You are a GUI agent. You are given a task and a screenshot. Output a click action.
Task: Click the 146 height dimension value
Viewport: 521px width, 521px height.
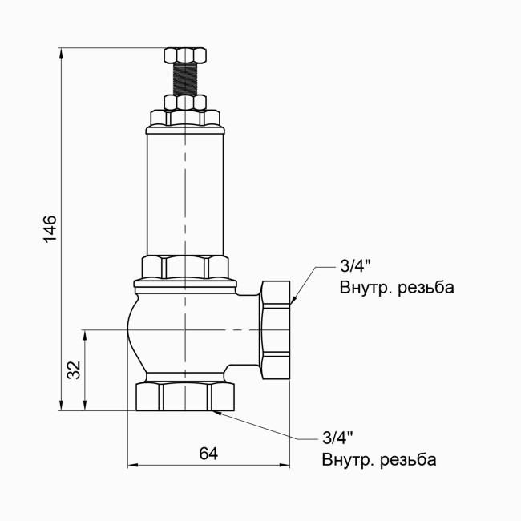tap(50, 229)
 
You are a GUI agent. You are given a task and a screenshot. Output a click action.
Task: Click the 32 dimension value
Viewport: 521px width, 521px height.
tap(73, 370)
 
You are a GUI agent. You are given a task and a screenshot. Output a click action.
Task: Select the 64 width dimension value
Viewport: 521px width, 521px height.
tap(208, 454)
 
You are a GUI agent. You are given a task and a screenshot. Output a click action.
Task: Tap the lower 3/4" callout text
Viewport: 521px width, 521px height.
tap(338, 438)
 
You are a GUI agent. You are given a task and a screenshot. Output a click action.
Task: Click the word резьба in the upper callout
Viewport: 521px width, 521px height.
tap(425, 288)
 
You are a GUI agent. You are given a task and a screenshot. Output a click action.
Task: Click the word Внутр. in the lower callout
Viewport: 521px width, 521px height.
tap(348, 460)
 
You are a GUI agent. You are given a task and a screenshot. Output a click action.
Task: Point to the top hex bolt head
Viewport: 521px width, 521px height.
tap(185, 55)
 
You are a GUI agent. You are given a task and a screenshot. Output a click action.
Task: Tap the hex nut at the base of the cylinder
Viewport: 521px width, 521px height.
tap(185, 266)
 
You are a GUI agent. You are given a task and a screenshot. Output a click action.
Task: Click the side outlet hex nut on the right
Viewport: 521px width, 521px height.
tap(277, 329)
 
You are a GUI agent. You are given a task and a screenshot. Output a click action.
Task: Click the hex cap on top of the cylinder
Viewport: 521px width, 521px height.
tap(185, 119)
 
